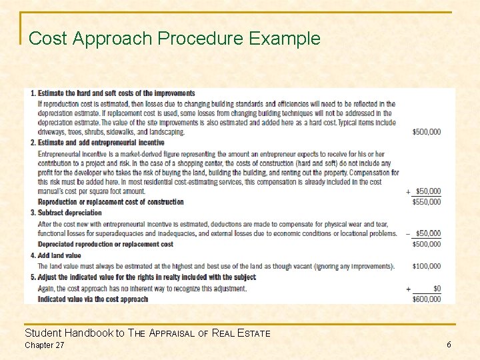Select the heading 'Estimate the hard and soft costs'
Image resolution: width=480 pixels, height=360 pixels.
116,93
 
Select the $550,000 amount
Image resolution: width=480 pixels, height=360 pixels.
426,202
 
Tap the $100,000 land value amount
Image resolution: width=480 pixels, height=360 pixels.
426,266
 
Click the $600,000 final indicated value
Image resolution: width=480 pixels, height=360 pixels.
426,299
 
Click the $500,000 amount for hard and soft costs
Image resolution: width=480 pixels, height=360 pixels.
426,132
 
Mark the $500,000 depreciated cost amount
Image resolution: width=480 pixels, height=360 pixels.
426,244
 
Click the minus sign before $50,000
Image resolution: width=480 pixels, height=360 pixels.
408,234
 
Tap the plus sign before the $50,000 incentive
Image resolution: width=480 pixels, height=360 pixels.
408,191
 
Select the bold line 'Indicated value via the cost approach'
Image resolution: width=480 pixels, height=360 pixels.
93,299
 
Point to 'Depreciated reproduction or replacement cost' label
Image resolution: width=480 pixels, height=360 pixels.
105,244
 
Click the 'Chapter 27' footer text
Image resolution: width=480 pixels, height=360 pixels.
45,345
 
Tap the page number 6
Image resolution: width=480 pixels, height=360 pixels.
449,344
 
